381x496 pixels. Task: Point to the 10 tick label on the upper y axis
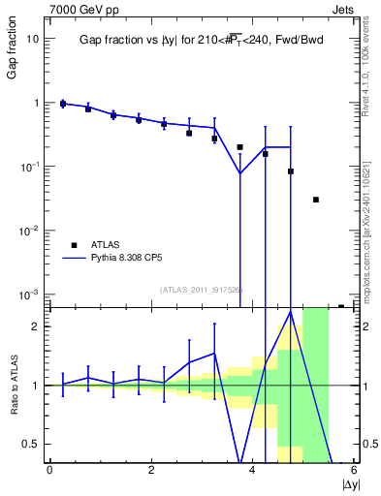33,39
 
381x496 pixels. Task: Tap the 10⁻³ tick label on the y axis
31,294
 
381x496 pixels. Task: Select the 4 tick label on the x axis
252,471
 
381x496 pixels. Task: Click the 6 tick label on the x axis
354,471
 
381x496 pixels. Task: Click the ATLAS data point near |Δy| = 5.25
316,200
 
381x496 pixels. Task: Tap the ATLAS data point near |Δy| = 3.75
239,147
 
